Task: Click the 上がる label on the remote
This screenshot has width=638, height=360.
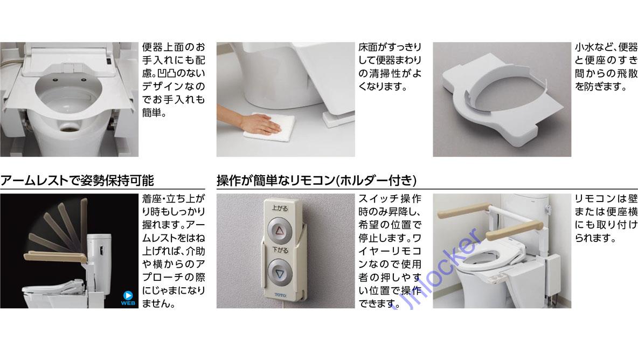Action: [x=279, y=207]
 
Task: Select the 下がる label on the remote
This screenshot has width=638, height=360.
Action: [x=279, y=251]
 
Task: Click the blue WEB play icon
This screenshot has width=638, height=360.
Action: [x=128, y=295]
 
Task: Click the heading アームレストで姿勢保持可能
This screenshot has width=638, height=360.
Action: [x=77, y=180]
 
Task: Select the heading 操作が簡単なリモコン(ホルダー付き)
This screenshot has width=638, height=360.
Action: [x=316, y=180]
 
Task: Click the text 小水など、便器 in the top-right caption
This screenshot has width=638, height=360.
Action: [x=606, y=47]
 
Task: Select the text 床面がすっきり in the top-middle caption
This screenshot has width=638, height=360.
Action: [x=390, y=47]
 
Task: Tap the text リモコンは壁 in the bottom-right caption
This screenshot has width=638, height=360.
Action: [x=606, y=199]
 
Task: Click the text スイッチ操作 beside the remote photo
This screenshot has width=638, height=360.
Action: [x=390, y=199]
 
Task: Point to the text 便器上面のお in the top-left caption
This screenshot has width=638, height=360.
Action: [x=174, y=47]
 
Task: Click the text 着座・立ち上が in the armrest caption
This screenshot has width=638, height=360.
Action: [x=174, y=199]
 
